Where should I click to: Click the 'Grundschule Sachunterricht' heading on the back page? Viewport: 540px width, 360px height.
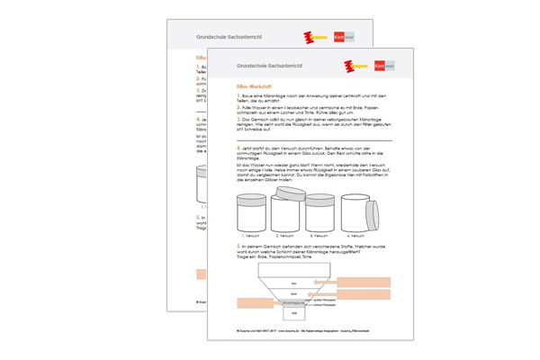[x=211, y=37]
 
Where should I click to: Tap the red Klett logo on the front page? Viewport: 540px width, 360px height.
[x=379, y=66]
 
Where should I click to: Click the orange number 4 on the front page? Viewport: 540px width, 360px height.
[x=237, y=147]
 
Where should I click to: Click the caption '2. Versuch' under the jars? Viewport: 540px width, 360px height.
[x=286, y=236]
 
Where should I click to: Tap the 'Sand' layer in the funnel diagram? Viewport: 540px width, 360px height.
[x=292, y=293]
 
